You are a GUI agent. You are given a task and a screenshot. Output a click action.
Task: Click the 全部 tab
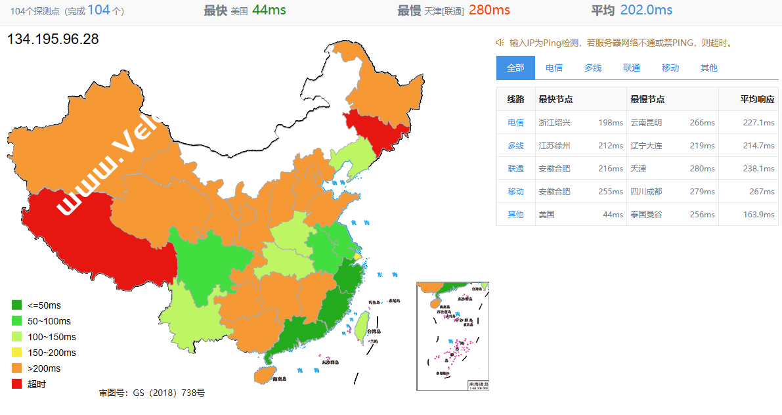pyautogui.click(x=515, y=68)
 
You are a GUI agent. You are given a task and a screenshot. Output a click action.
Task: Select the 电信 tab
pyautogui.click(x=554, y=68)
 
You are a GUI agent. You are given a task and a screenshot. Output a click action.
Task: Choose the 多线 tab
pyautogui.click(x=593, y=68)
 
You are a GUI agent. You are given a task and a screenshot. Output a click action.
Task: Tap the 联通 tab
pyautogui.click(x=632, y=68)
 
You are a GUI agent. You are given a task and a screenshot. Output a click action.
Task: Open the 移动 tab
pyautogui.click(x=670, y=68)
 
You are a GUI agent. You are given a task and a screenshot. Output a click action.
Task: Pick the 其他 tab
pyautogui.click(x=709, y=68)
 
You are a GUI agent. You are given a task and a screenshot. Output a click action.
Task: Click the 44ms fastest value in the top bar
pyautogui.click(x=269, y=11)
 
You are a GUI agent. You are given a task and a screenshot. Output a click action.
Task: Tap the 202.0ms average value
pyautogui.click(x=649, y=11)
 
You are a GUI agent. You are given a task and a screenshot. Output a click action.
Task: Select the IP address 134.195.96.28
pyautogui.click(x=53, y=39)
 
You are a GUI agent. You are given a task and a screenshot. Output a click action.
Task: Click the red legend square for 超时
pyautogui.click(x=17, y=384)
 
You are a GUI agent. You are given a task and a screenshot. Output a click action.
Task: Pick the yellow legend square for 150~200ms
pyautogui.click(x=17, y=353)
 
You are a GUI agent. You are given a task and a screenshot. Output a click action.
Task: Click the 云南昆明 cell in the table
pyautogui.click(x=646, y=122)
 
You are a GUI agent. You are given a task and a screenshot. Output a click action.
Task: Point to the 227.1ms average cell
pyautogui.click(x=758, y=122)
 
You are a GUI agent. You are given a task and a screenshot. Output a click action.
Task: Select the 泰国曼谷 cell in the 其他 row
pyautogui.click(x=646, y=214)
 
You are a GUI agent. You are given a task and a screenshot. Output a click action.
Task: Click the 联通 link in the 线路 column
pyautogui.click(x=515, y=168)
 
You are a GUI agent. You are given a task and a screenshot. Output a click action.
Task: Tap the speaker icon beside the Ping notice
pyautogui.click(x=500, y=43)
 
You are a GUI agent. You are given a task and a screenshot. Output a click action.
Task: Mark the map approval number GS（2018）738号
pyautogui.click(x=152, y=393)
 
